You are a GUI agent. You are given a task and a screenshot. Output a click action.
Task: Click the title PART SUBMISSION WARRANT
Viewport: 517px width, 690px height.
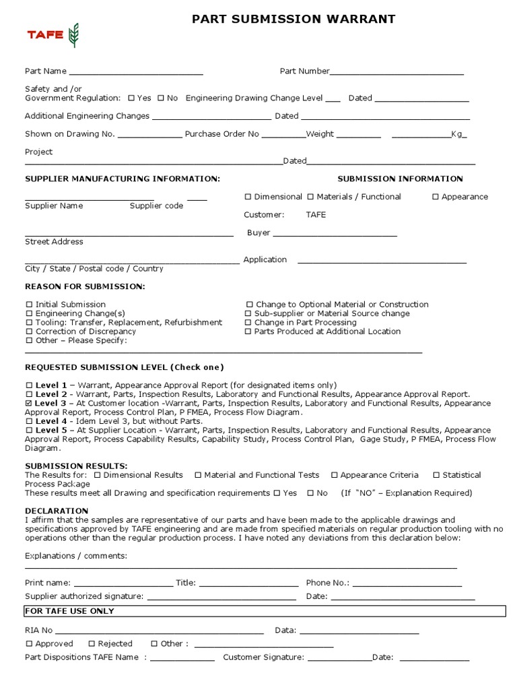coord(294,20)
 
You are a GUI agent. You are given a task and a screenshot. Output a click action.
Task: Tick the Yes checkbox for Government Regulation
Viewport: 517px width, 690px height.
coord(131,98)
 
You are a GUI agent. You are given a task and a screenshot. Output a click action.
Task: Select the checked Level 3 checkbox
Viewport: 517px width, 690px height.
coord(29,403)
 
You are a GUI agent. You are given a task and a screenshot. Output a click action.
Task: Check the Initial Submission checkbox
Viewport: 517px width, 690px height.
coord(29,305)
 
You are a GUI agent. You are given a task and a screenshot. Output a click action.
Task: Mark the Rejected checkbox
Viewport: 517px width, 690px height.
coord(92,644)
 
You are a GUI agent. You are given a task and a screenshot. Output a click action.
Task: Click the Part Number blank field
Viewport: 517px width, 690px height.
coord(397,71)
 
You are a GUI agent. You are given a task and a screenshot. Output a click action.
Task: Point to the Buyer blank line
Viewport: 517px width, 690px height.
coord(335,233)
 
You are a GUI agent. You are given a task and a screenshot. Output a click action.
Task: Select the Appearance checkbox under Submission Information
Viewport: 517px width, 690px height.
coord(436,197)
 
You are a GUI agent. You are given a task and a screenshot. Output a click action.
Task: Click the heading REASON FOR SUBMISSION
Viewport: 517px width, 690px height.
coord(85,286)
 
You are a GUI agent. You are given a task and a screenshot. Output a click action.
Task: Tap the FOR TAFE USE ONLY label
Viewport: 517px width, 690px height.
coord(70,611)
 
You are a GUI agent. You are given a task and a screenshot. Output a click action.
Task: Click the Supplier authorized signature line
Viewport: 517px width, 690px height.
coord(221,597)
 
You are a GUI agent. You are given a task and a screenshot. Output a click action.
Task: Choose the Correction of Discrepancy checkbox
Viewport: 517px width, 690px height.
coord(29,332)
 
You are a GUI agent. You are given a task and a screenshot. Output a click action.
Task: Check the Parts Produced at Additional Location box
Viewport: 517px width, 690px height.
coord(248,332)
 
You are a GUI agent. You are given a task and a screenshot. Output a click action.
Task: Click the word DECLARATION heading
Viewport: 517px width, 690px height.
coord(57,511)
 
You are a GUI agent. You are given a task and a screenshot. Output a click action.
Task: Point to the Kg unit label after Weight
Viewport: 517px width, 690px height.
coord(458,134)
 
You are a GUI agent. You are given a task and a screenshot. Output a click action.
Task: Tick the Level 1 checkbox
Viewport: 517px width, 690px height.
coord(29,385)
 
